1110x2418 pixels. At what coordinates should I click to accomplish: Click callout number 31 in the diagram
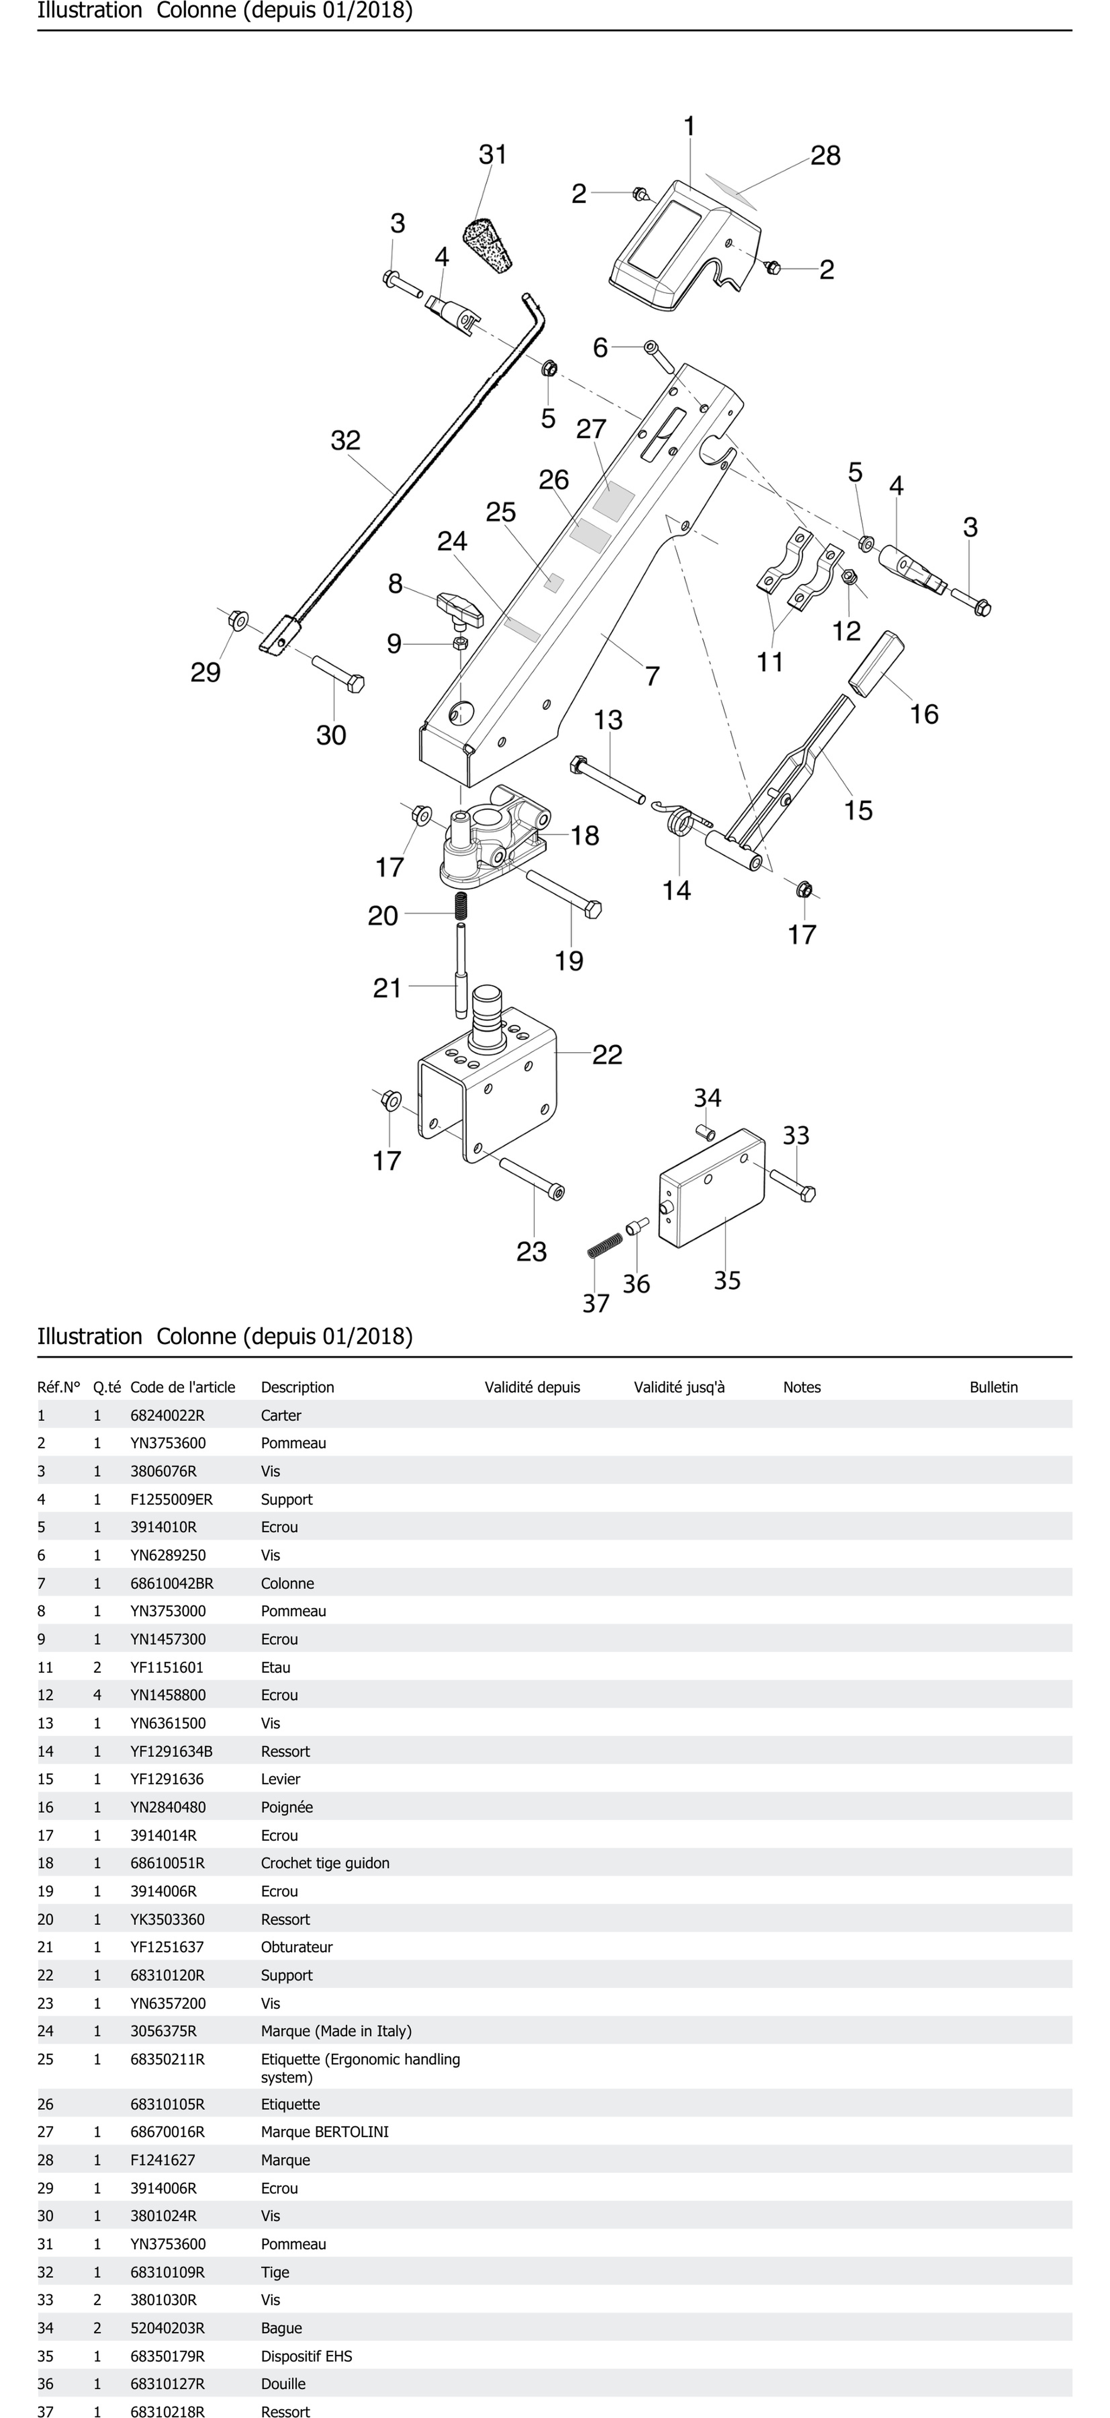(x=493, y=155)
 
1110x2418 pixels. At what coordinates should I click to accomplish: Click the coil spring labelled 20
(x=462, y=906)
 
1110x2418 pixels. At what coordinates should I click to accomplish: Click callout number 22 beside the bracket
(x=607, y=1055)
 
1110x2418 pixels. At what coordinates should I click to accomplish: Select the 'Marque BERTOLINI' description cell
(x=325, y=2132)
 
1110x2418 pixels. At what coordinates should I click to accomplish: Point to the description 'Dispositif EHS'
(x=307, y=2356)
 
